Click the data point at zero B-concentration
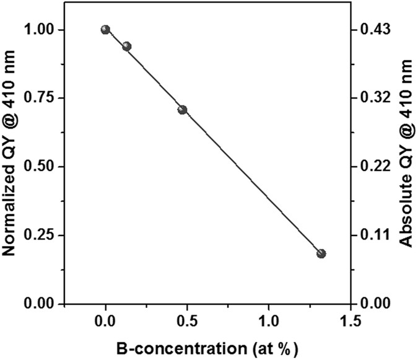[x=105, y=30]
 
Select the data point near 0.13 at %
[x=127, y=46]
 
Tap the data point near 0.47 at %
[x=182, y=110]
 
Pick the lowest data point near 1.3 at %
[x=321, y=253]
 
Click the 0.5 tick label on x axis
[x=187, y=323]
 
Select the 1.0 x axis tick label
[x=269, y=323]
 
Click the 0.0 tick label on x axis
[x=105, y=323]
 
